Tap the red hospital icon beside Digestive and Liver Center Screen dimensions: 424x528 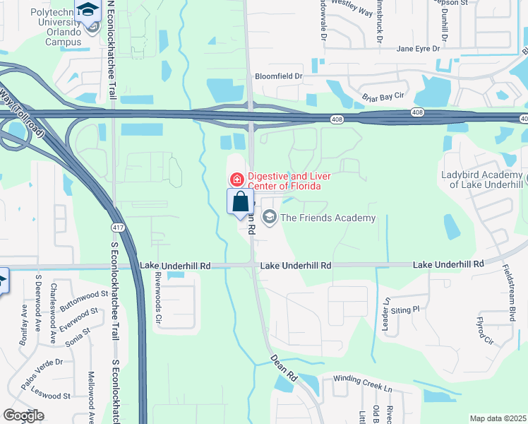pos(236,180)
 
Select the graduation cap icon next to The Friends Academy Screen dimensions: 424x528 pos(269,218)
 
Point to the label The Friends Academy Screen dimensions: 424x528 pos(328,218)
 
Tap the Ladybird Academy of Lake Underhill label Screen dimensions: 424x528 pos(483,179)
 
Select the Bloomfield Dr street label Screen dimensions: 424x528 pos(278,76)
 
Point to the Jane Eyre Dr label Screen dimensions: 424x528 pos(418,49)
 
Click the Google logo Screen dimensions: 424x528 pos(23,416)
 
